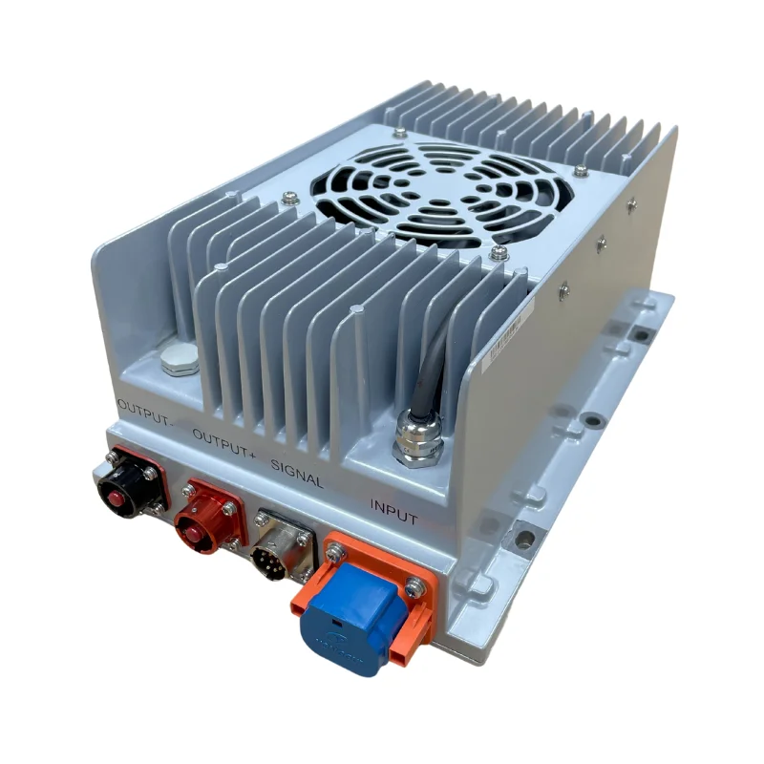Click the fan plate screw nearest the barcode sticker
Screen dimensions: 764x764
(498, 253)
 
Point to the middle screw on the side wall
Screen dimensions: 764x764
(601, 244)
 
